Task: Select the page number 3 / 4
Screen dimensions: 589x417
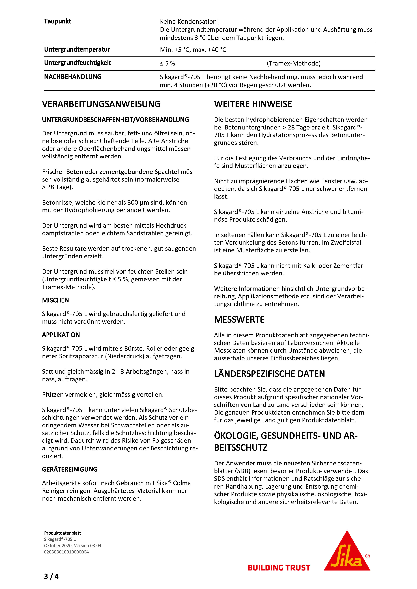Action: [x=51, y=576]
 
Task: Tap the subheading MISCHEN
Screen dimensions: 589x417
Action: [x=56, y=300]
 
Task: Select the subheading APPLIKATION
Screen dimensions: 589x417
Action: [x=61, y=335]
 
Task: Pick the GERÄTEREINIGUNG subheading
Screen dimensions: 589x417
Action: [x=70, y=469]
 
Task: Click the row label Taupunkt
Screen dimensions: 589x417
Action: [x=58, y=21]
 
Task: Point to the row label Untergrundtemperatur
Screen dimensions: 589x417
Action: [x=77, y=49]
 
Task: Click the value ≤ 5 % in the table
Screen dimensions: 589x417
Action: [x=167, y=63]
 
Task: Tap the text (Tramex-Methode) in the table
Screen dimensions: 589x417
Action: [x=293, y=63]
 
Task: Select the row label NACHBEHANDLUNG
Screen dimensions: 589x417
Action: [x=73, y=77]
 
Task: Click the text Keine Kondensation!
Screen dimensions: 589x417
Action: [x=189, y=21]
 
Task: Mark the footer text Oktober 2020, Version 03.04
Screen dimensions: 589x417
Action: [x=73, y=545]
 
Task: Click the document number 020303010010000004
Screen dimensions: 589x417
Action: [x=66, y=552]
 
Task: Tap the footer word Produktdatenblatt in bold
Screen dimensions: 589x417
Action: [x=62, y=533]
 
